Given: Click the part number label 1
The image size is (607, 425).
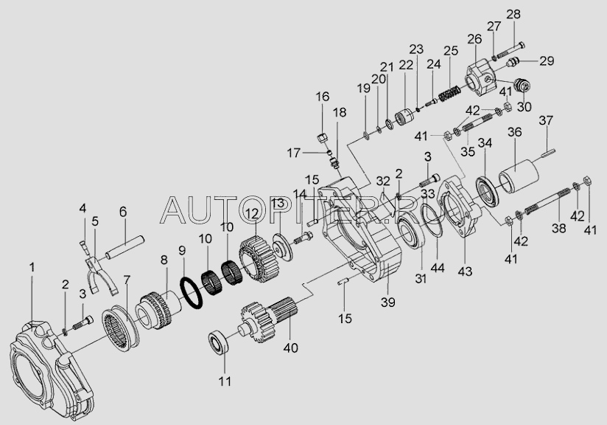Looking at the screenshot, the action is point(32,267).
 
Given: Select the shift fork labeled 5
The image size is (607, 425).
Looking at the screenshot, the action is point(100,276).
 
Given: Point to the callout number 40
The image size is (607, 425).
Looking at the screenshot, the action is point(290,348).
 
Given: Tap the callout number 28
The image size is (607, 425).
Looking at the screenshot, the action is point(513,14).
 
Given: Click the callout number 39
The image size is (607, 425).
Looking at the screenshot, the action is point(388,302).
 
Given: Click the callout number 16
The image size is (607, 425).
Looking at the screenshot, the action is point(323,96).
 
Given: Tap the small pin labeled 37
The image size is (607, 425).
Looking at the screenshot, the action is point(547,153).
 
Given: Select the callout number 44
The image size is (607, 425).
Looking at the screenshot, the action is point(437,268).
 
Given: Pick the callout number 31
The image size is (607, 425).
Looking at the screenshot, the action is point(421,278).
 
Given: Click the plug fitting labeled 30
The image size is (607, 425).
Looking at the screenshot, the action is point(522,86).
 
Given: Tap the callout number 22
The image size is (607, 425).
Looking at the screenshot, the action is point(406,65).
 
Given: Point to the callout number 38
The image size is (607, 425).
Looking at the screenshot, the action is point(558,229).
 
